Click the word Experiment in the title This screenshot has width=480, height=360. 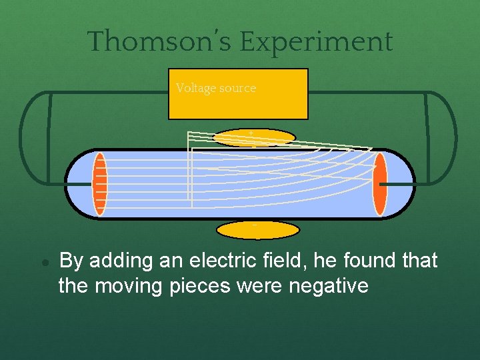(x=316, y=41)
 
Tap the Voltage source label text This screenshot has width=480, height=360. (x=216, y=88)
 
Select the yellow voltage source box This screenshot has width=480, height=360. (x=239, y=100)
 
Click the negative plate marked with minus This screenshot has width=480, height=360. (x=258, y=230)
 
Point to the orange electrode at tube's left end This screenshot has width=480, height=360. (x=99, y=184)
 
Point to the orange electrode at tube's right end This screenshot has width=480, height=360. (x=380, y=184)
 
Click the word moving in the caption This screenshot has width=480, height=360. (x=123, y=286)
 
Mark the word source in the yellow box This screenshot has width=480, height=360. (x=239, y=88)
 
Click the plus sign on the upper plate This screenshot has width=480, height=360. (x=251, y=133)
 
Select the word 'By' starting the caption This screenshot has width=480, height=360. (x=71, y=261)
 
